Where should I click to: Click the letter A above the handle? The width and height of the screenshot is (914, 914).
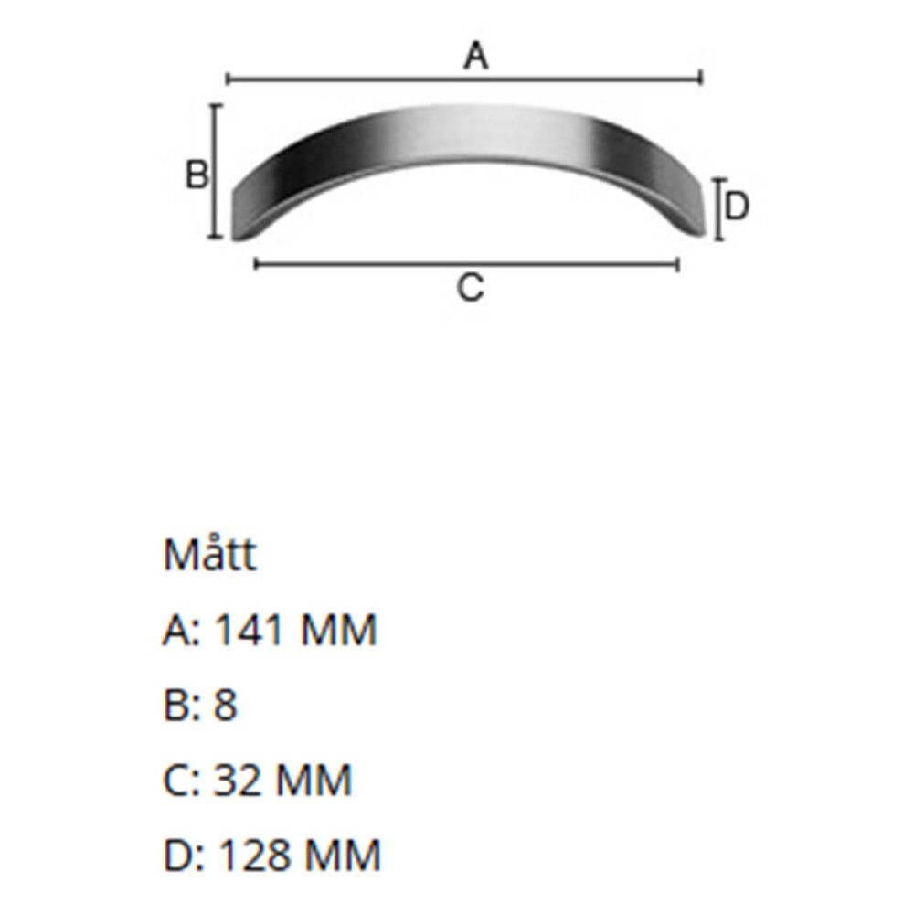click(475, 57)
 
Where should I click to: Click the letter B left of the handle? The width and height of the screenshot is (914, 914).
click(197, 174)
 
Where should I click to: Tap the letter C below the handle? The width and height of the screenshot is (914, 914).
click(469, 289)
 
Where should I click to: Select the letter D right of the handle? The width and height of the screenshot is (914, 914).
click(737, 207)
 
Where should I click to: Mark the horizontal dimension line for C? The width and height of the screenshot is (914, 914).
click(366, 264)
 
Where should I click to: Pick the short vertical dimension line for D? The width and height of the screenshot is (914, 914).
click(719, 209)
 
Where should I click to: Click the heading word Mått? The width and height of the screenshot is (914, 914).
click(209, 555)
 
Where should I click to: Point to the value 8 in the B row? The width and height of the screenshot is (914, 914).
click(226, 706)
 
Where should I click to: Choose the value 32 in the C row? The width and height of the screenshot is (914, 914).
click(238, 781)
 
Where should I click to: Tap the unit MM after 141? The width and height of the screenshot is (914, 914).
click(337, 631)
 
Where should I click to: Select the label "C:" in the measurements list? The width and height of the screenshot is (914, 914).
click(182, 781)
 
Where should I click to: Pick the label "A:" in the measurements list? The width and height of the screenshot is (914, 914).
click(182, 631)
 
